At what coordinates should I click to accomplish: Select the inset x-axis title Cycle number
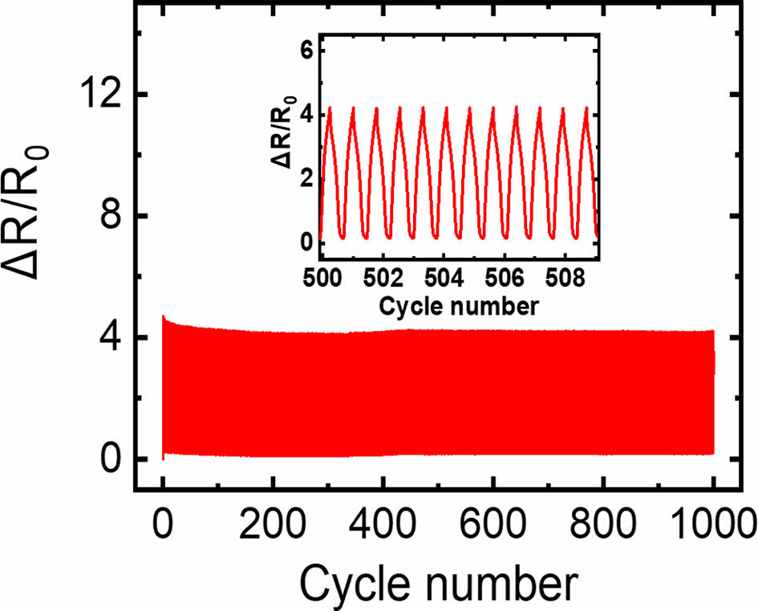point(458,306)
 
